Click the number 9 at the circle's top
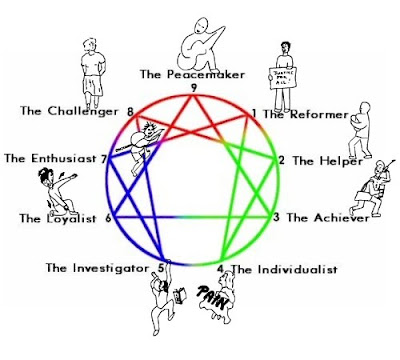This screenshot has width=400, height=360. pos(197,89)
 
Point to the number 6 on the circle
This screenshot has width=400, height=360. pos(109,216)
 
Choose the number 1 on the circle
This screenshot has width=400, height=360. pos(254,114)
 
